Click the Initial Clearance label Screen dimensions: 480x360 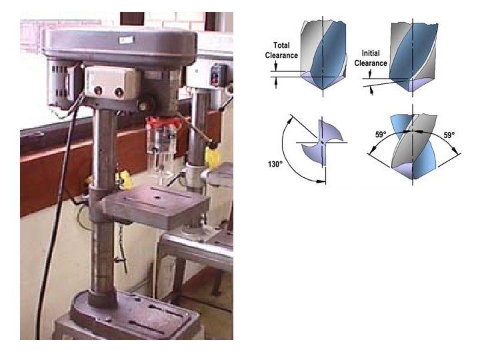pyautogui.click(x=373, y=58)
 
